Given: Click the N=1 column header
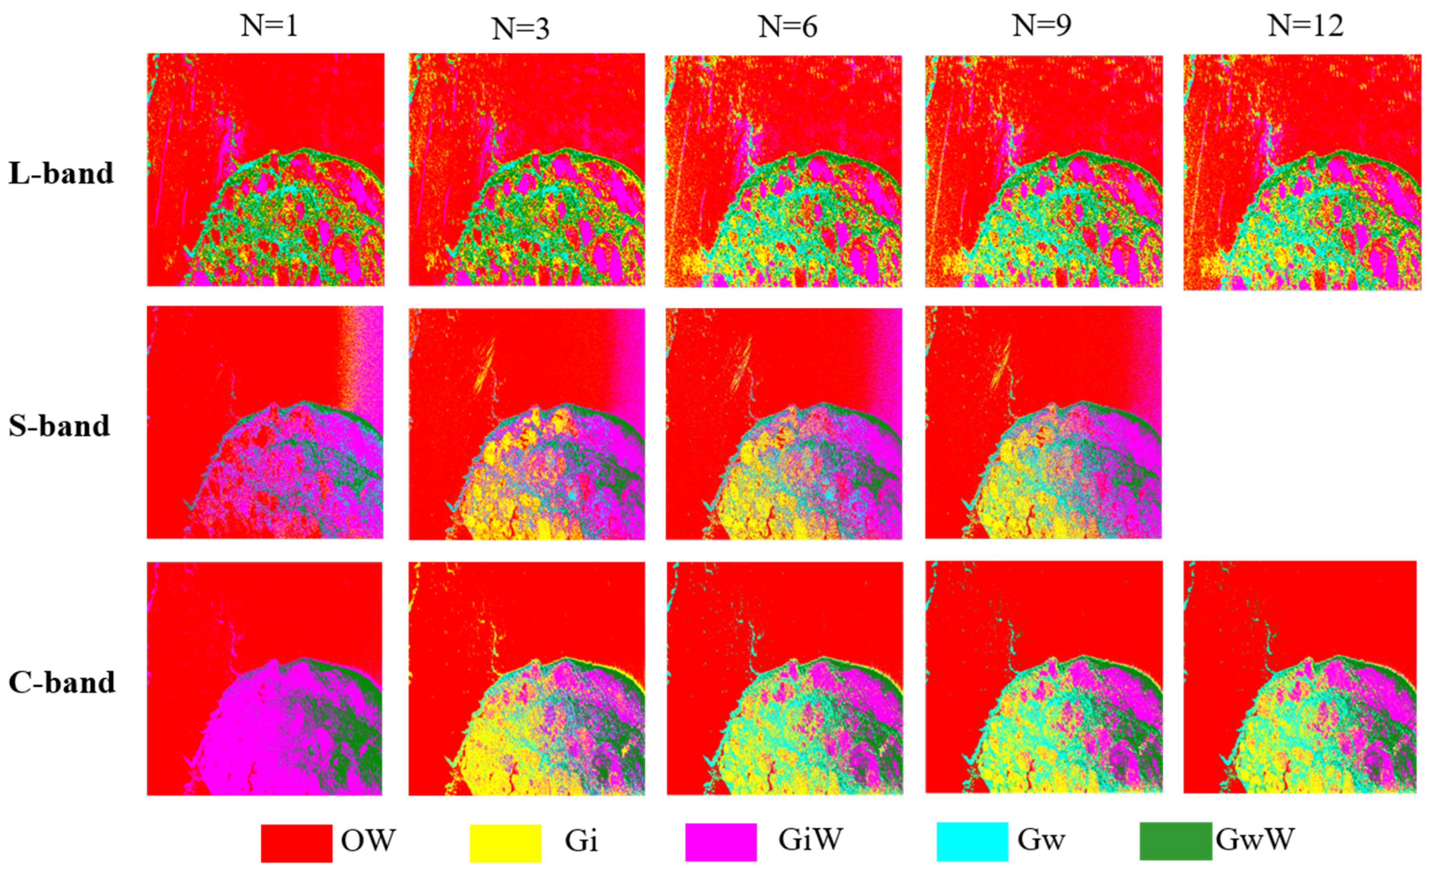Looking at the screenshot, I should (269, 26).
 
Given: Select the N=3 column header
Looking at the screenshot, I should (521, 28).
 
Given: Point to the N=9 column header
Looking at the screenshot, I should (1042, 26).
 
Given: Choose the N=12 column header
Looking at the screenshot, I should (1306, 26).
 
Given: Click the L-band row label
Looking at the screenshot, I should (61, 173).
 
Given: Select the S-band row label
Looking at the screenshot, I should (59, 426).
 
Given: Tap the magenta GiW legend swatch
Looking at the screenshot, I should (721, 842).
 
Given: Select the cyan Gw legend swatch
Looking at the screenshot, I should (972, 841).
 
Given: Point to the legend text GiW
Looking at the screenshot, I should (810, 840).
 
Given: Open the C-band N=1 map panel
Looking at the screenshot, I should (265, 678).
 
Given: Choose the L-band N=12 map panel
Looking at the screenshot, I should (1302, 172).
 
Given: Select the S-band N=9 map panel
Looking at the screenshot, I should (1043, 422).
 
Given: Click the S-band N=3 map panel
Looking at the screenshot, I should (526, 423).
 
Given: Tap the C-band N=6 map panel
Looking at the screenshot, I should (785, 678).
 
